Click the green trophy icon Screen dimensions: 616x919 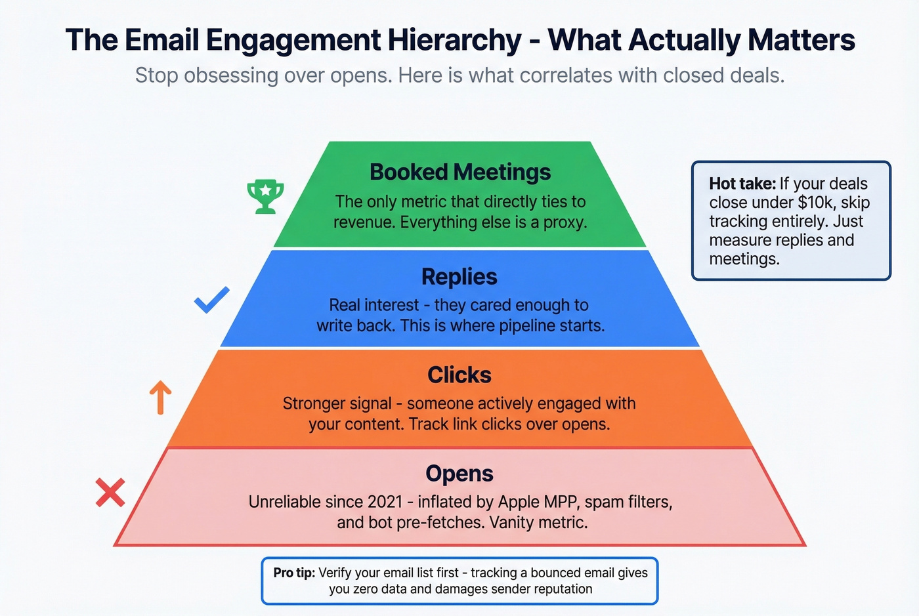pos(265,196)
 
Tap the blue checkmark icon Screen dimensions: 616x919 pos(211,300)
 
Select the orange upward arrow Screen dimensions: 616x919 pos(160,398)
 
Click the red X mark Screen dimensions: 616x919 pos(110,492)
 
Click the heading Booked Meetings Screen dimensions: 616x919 pos(460,172)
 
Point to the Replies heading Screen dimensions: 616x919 pos(459,276)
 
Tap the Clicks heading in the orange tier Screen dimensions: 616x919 pos(459,375)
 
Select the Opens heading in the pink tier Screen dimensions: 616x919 pos(459,473)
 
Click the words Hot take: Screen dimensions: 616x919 pos(742,184)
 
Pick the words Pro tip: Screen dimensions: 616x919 pos(294,573)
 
